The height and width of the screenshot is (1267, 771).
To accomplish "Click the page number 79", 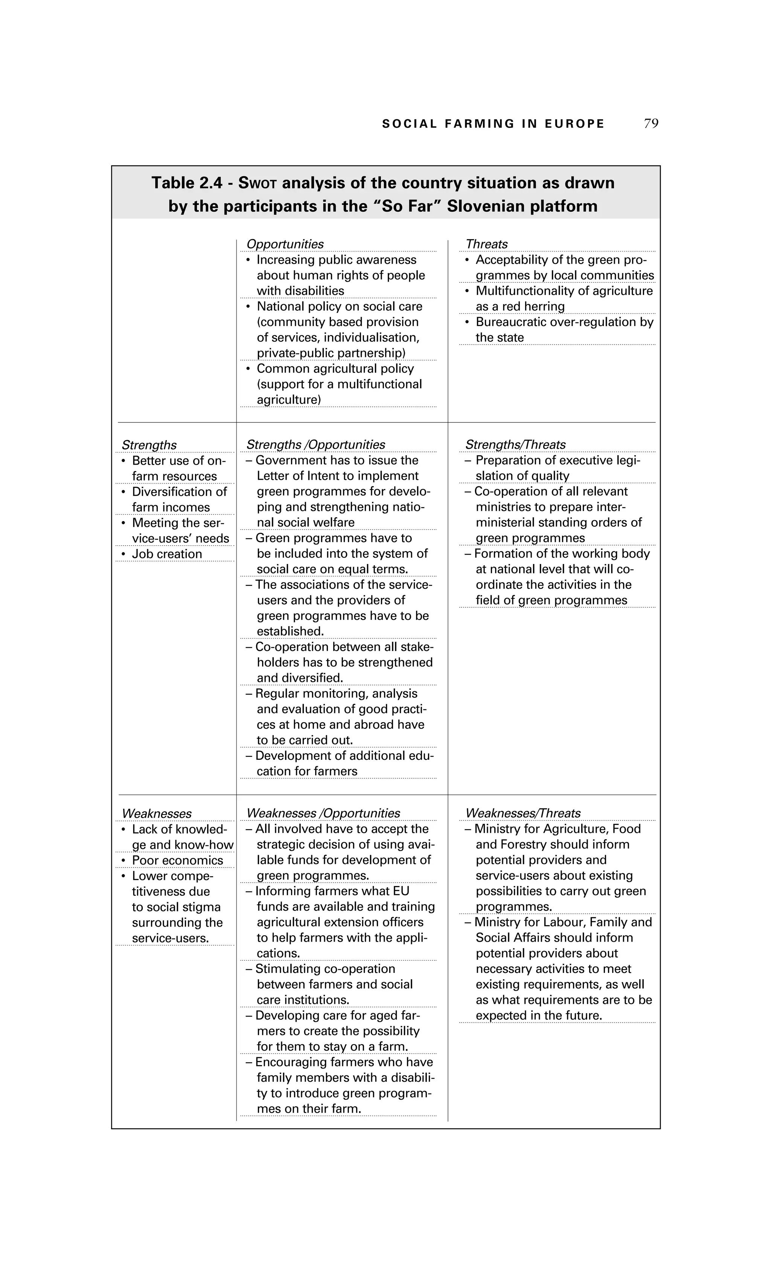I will click(651, 123).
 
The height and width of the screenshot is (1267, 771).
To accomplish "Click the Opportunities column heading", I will click(285, 244).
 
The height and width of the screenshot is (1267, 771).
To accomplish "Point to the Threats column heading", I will click(486, 244).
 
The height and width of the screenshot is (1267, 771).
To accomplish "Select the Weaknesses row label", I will click(156, 813).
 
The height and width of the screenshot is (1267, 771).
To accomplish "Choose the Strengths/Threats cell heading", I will click(515, 445).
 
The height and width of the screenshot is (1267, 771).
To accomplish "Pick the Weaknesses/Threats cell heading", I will click(523, 813).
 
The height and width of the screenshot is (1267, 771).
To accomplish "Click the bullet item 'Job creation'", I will click(166, 554).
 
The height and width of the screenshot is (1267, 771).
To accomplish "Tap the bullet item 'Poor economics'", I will click(177, 860).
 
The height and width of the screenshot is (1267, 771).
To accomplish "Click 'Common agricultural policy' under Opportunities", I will click(335, 369).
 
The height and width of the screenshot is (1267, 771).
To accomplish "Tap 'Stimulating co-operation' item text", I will click(325, 969).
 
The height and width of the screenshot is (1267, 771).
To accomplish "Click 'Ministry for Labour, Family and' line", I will click(563, 922).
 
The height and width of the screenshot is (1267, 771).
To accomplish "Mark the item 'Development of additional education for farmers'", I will click(339, 764).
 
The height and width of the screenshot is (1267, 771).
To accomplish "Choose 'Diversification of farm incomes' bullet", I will click(179, 499).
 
